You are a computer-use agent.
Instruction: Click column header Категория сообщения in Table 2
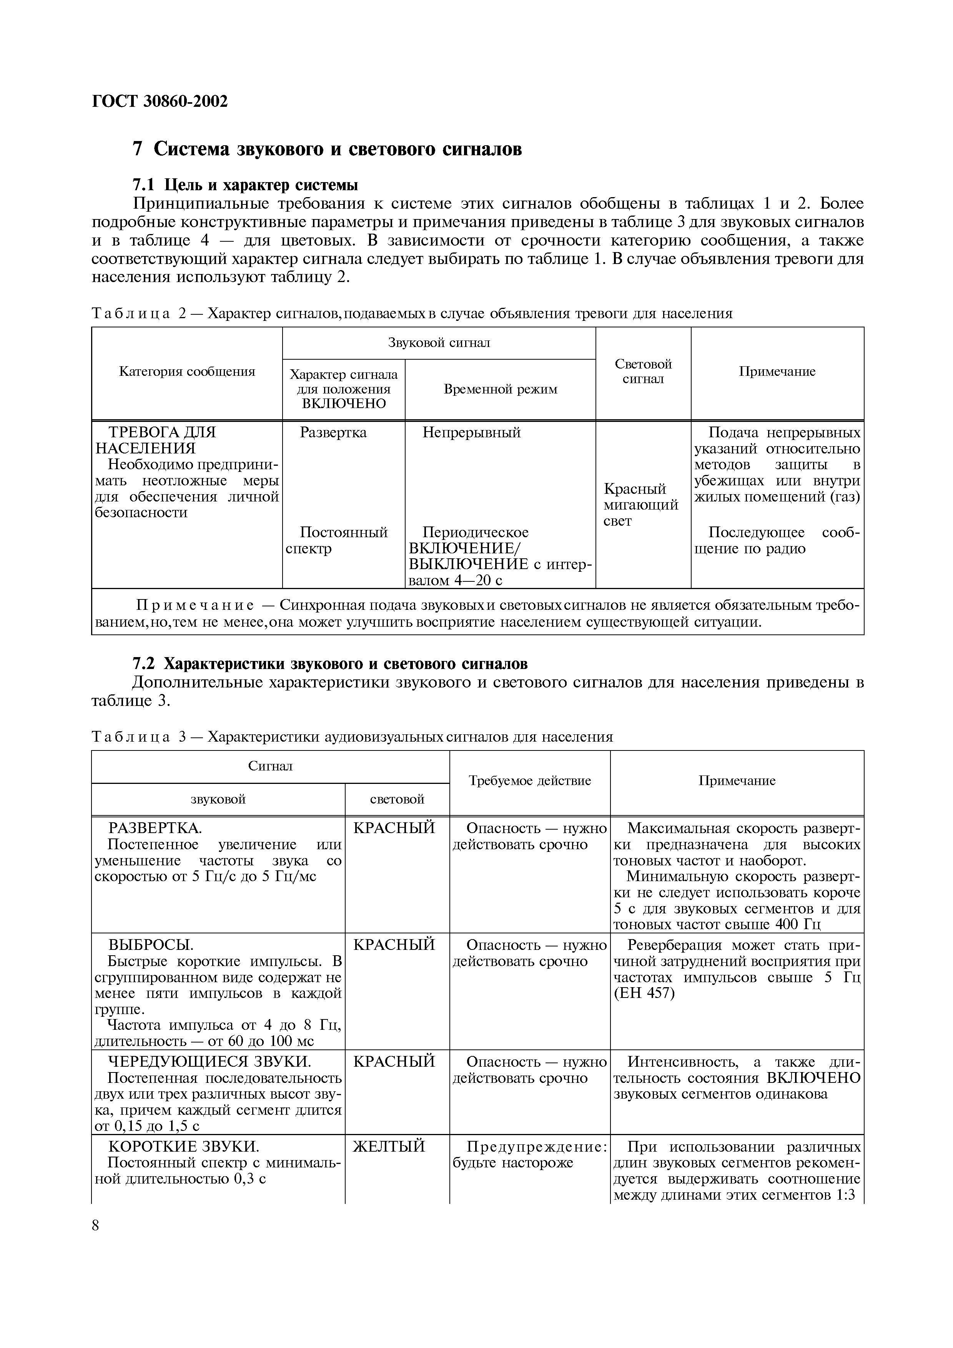tap(187, 372)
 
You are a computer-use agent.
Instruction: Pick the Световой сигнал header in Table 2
tap(643, 372)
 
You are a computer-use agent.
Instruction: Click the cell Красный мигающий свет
tap(640, 505)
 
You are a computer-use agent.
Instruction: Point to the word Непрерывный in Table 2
tap(472, 433)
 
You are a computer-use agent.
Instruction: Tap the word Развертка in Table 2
tap(333, 433)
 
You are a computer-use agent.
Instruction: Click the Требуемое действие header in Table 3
tap(530, 781)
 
